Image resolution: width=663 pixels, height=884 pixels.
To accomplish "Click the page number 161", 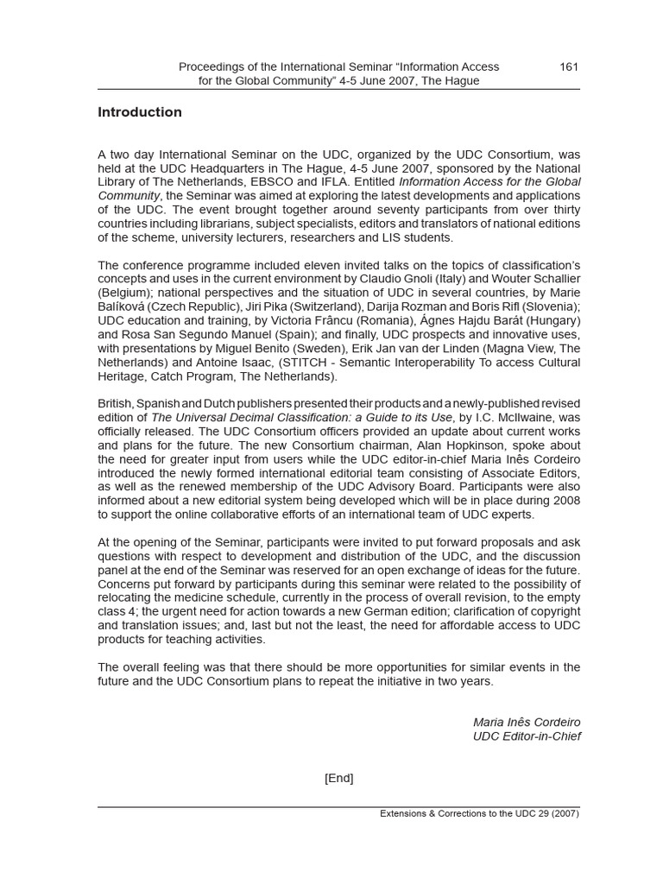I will [x=569, y=66].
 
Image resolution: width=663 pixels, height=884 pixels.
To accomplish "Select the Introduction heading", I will [x=140, y=112].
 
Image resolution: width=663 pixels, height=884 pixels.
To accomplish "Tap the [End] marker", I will [x=338, y=778].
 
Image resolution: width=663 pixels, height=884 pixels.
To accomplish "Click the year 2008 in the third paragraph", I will [x=566, y=501].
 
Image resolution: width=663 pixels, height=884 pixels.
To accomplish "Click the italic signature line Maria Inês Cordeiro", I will [x=527, y=722].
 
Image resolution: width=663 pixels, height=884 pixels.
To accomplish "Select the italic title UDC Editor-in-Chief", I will [x=527, y=736].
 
